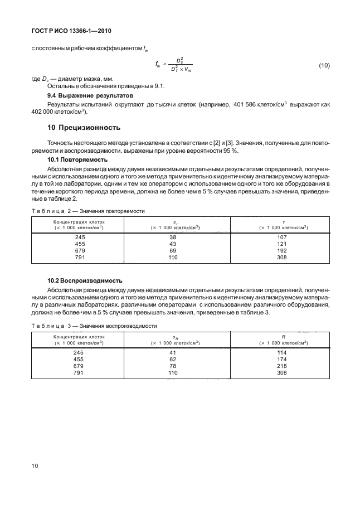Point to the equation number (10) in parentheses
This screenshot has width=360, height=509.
tap(324, 66)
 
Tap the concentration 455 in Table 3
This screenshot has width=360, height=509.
tap(79, 360)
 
